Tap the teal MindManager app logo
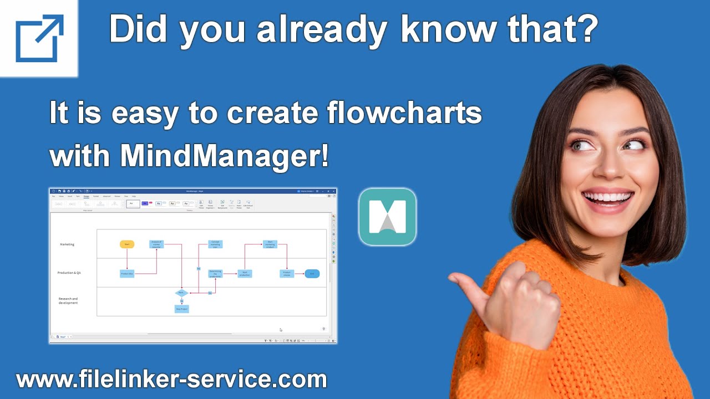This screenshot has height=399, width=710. click(x=387, y=217)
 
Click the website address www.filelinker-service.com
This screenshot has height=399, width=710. click(x=171, y=380)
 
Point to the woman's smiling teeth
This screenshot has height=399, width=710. click(x=608, y=197)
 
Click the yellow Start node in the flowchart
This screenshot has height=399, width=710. click(x=127, y=244)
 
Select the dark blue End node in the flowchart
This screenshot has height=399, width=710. click(x=312, y=273)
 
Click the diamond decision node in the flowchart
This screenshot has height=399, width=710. click(x=181, y=292)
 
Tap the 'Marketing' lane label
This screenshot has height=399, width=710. click(x=67, y=244)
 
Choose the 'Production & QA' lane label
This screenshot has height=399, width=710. click(x=69, y=273)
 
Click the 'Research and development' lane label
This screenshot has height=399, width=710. click(x=68, y=301)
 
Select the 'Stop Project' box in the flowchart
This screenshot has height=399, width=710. click(x=182, y=309)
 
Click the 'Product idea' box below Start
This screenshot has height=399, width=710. click(x=127, y=273)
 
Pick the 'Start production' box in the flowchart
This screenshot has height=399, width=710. click(x=245, y=273)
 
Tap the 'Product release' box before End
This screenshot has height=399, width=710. click(x=287, y=273)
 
